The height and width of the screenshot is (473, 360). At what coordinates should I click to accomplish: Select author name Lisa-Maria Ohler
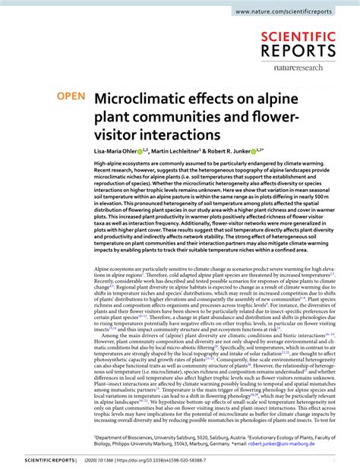pyautogui.click(x=117, y=152)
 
